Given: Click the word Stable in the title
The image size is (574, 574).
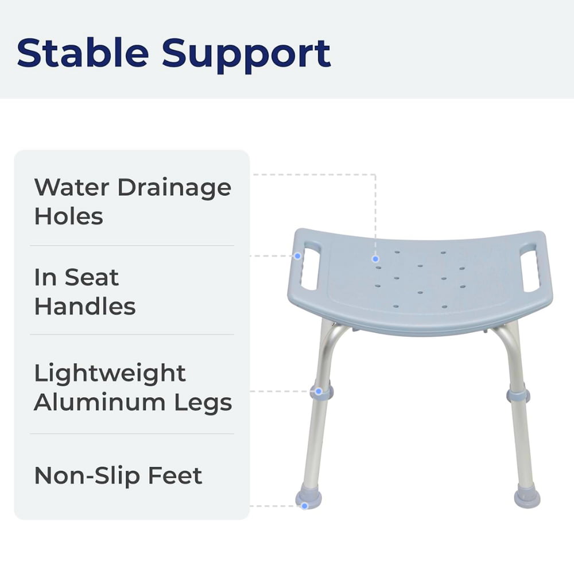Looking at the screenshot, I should tap(82, 53).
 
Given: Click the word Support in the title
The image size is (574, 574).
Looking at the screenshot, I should tap(246, 53).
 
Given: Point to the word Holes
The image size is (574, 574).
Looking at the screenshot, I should tap(68, 216).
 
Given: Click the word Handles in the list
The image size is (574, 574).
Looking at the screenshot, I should tap(85, 307).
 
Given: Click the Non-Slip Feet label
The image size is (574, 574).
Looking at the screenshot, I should tap(118, 476).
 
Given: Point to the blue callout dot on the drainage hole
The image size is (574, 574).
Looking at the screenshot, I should tap(376, 259).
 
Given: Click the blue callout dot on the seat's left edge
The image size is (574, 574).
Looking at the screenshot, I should tap(297, 255).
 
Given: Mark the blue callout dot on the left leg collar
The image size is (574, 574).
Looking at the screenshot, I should tap(319, 391).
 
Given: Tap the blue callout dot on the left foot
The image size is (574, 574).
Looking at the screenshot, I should tap(305, 506).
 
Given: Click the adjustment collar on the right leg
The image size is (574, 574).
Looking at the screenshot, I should tap(518, 395).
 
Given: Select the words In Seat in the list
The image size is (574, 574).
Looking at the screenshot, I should tap(76, 278).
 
